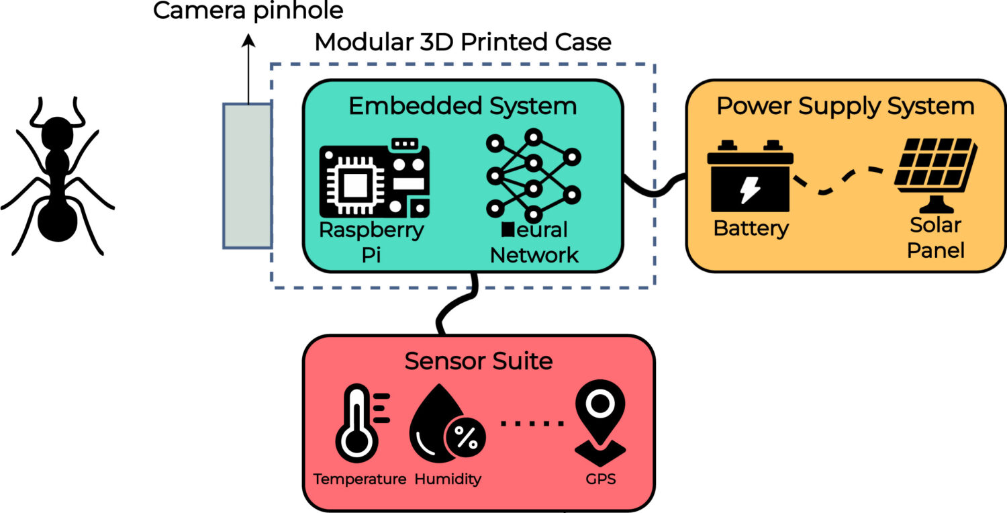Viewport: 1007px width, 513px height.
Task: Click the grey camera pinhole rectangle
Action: point(247,176)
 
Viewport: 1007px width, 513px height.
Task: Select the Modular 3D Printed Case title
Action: point(463,42)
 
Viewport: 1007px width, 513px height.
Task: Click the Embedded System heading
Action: point(463,106)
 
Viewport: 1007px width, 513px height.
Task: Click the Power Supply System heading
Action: point(845,106)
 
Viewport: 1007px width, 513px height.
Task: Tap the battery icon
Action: point(749,176)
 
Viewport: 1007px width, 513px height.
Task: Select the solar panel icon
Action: point(934,172)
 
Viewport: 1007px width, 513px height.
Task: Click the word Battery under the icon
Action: point(751,228)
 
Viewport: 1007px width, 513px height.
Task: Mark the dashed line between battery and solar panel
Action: point(843,180)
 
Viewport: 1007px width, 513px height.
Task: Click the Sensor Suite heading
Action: point(478,361)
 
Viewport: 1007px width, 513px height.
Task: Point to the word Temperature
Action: point(360,479)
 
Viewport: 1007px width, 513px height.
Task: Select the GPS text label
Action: point(600,479)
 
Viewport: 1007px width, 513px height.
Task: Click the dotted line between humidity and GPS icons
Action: point(532,423)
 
